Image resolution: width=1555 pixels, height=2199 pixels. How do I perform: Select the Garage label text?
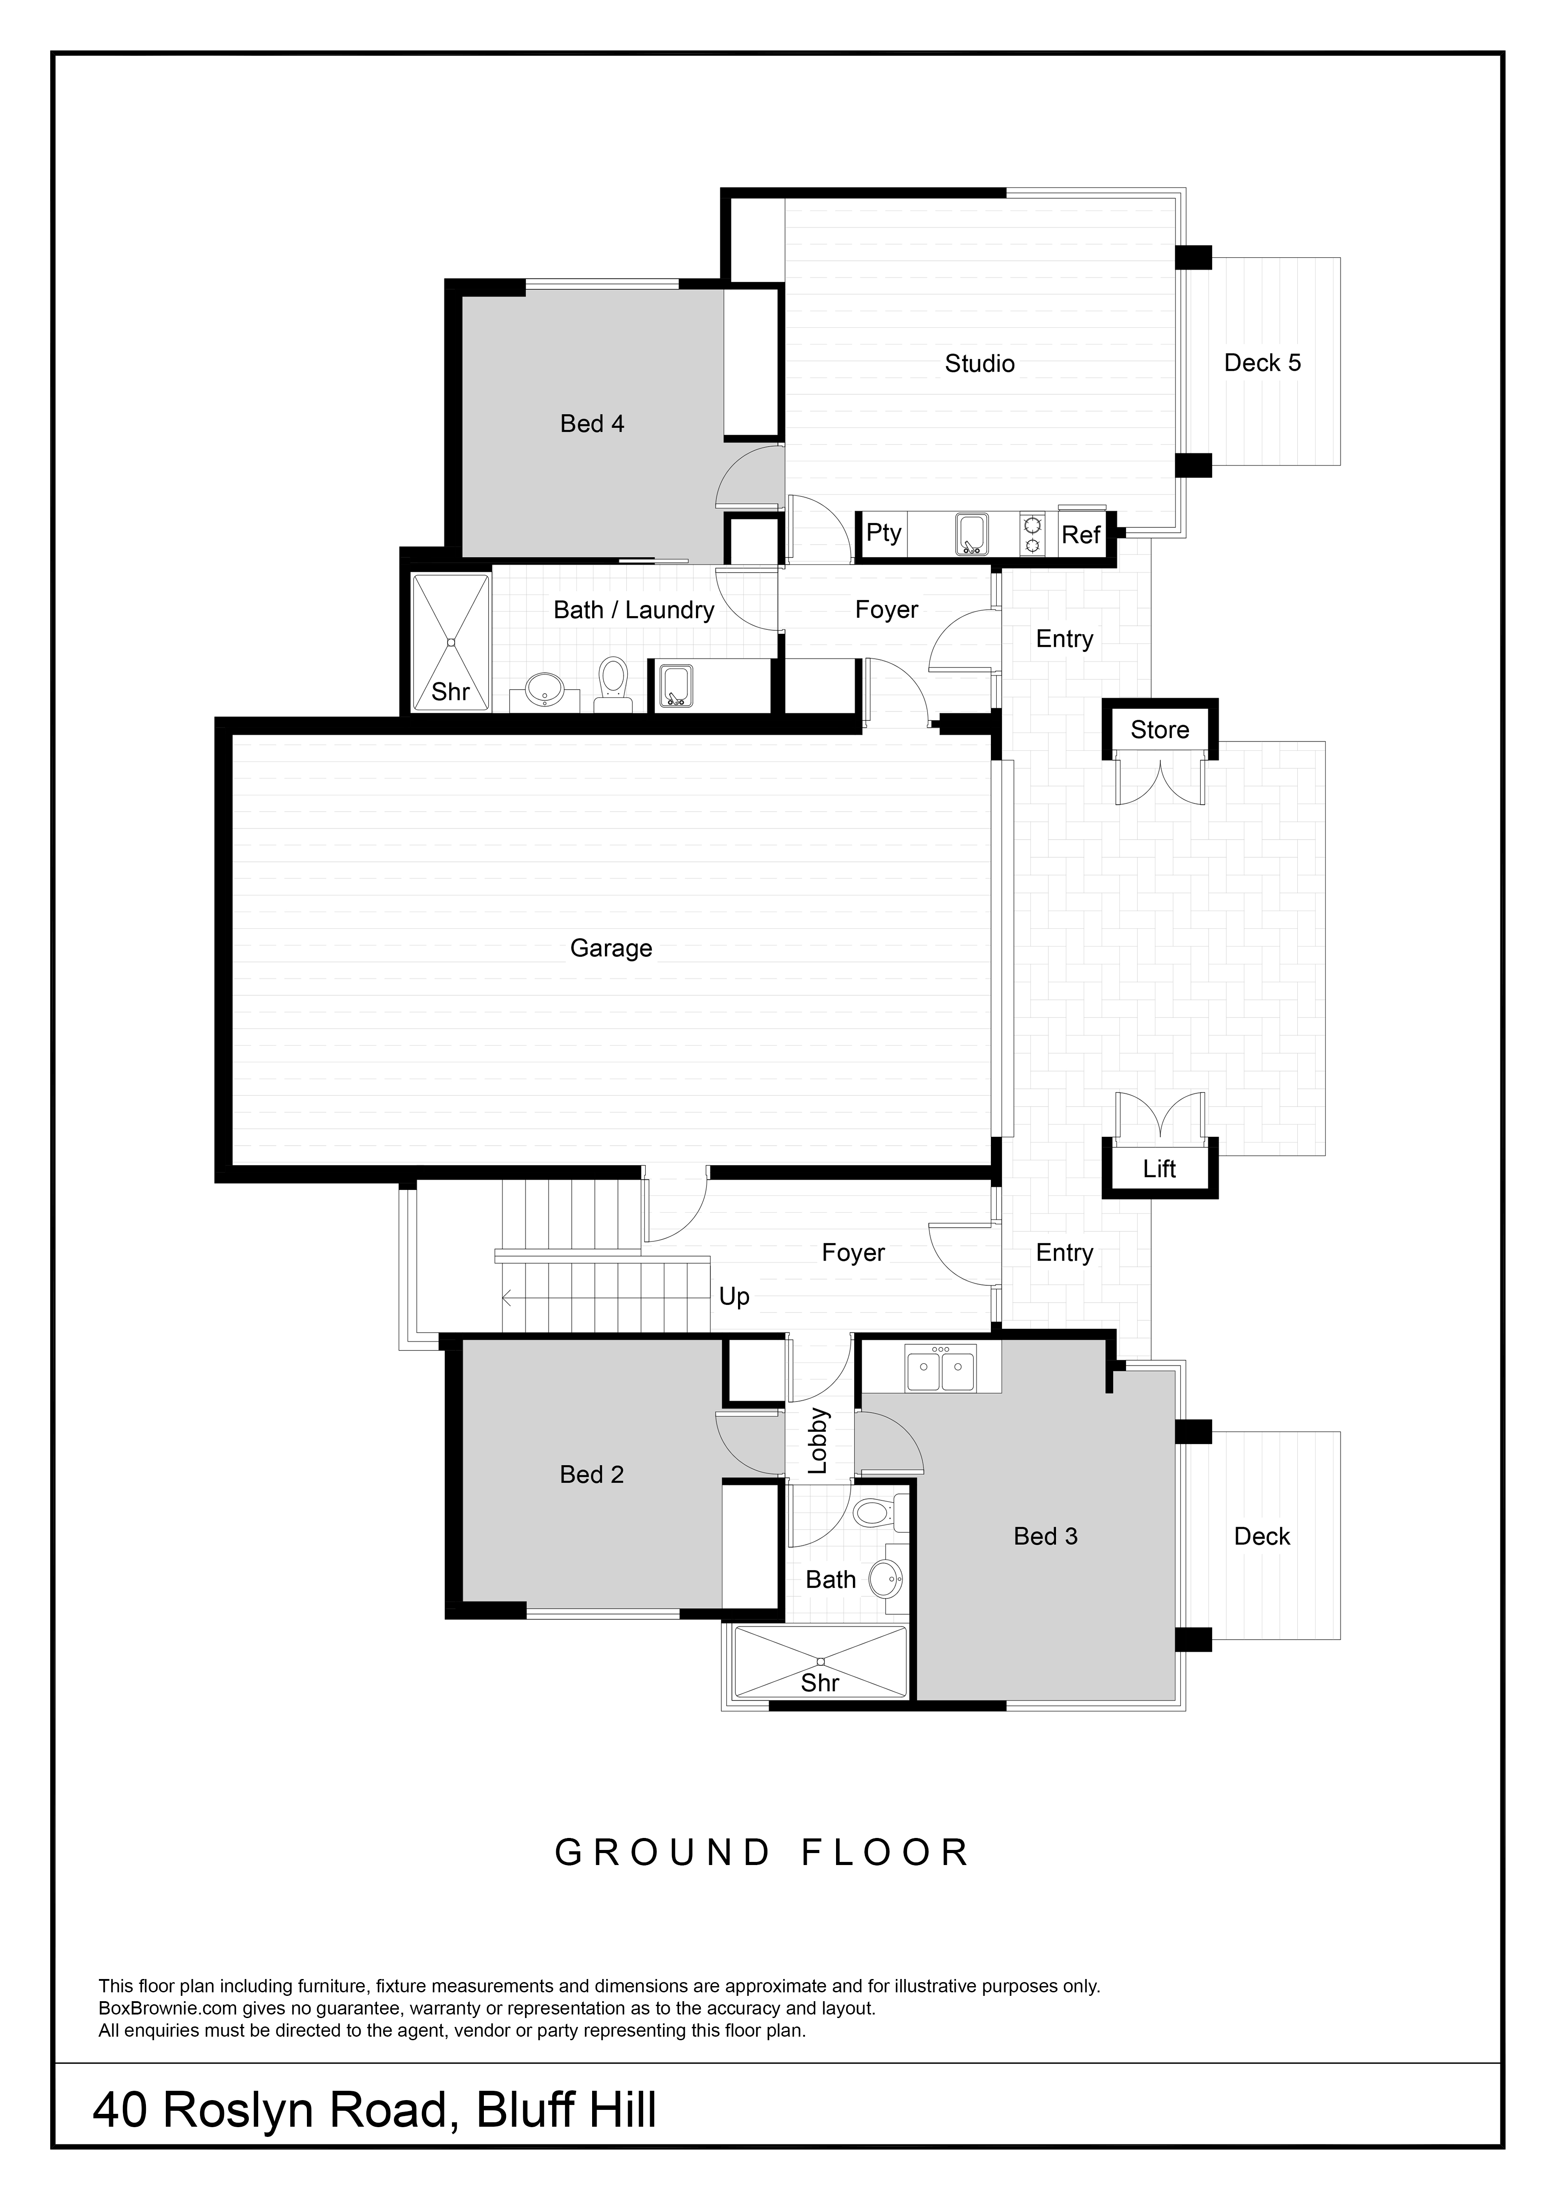coord(611,948)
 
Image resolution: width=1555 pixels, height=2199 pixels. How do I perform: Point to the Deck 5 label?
coord(1262,363)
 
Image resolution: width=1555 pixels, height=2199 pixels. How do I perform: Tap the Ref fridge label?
coord(1081,535)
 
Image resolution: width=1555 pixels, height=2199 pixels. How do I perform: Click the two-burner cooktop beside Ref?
coord(1032,534)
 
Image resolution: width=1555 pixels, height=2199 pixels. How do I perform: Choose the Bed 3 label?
coord(1045,1536)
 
